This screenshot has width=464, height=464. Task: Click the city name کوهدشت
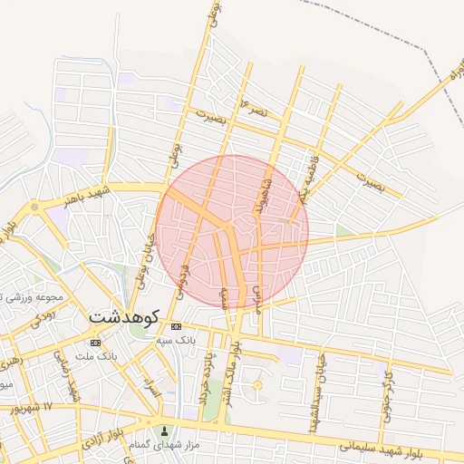click(x=124, y=318)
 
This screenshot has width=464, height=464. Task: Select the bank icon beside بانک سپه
click(x=176, y=326)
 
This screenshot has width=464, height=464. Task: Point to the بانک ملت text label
click(x=98, y=356)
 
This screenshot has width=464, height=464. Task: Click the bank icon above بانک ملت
click(x=96, y=342)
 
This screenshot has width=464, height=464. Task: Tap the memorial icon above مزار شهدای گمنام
click(x=164, y=431)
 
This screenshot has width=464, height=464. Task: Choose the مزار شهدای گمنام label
click(x=165, y=445)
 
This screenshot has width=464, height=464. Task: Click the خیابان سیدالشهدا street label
click(x=321, y=374)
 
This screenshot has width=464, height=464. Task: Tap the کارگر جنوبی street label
click(x=388, y=385)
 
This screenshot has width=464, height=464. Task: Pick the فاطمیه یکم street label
click(x=298, y=189)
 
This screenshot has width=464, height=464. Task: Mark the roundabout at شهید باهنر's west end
click(x=34, y=208)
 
